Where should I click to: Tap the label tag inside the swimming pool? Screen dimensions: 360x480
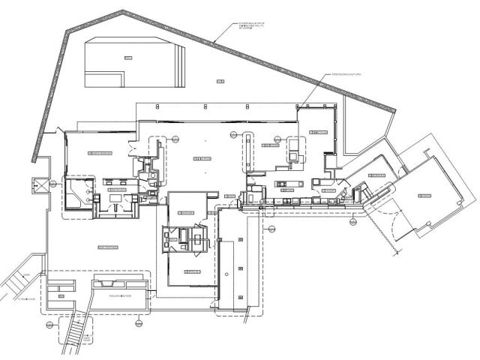click(x=128, y=57)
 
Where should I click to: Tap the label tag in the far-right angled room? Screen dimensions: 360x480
click(x=424, y=194)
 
